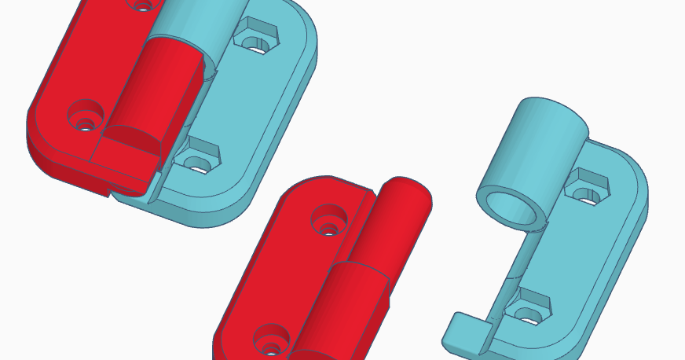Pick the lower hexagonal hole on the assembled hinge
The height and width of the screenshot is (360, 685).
tap(197, 158)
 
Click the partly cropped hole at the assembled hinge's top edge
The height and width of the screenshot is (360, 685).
tap(141, 4)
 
